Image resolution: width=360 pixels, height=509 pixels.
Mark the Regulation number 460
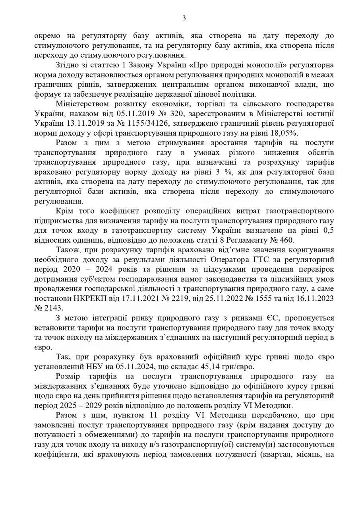[x=287, y=240]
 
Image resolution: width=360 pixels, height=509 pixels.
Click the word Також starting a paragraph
[x=67, y=249]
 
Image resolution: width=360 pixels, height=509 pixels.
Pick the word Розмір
[x=68, y=376]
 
